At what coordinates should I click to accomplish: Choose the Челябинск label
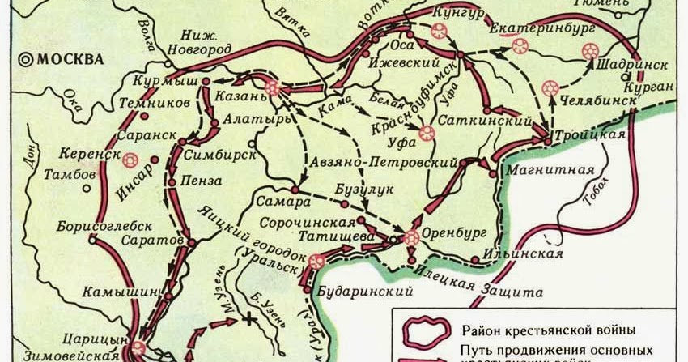pyautogui.click(x=590, y=105)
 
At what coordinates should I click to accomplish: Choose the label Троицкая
pyautogui.click(x=590, y=134)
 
